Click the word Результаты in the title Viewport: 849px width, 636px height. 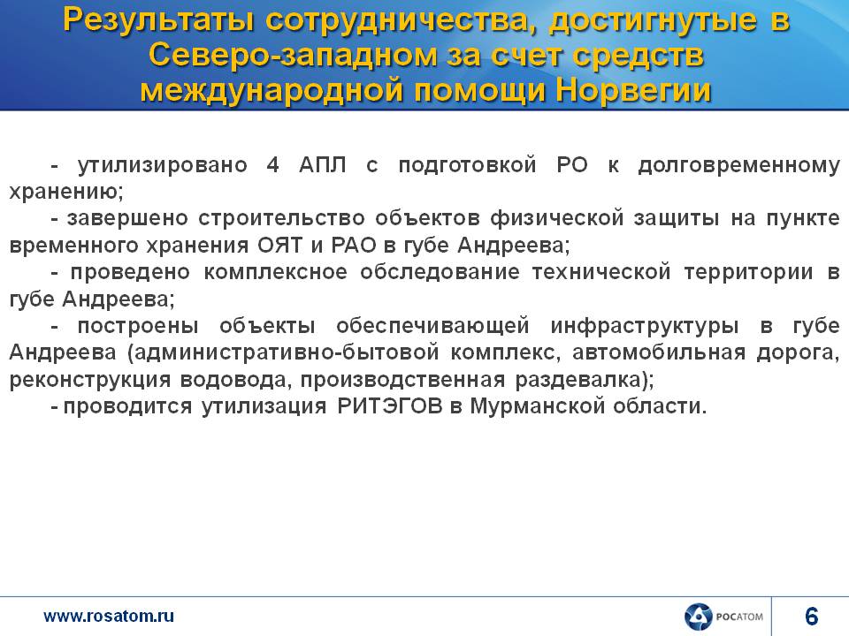click(158, 21)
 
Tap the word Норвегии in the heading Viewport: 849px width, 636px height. click(633, 90)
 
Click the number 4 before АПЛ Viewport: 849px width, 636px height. click(273, 164)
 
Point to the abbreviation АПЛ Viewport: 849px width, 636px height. click(323, 165)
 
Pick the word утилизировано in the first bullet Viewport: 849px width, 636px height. click(163, 165)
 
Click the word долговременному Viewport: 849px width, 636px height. click(739, 165)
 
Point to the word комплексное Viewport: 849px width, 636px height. click(275, 272)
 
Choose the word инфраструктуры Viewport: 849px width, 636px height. click(645, 326)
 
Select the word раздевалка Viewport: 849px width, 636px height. click(580, 380)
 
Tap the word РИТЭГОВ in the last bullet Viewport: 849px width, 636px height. click(390, 406)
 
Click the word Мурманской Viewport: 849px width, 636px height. click(537, 406)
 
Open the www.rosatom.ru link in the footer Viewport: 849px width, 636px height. click(109, 616)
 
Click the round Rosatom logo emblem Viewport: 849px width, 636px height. click(698, 617)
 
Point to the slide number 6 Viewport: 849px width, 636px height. click(812, 617)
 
